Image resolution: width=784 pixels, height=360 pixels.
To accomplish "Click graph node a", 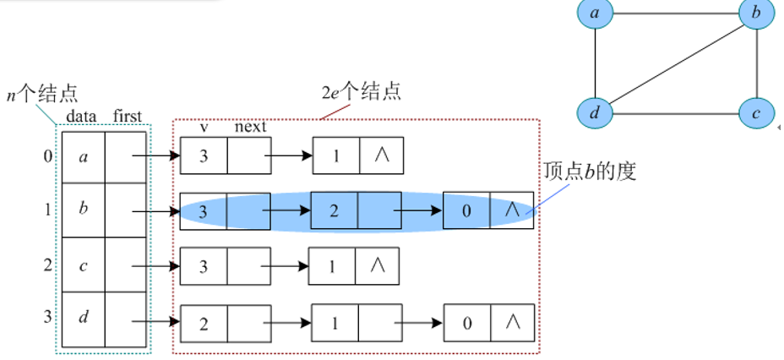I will tap(595, 14).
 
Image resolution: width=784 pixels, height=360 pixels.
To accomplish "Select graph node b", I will tap(756, 14).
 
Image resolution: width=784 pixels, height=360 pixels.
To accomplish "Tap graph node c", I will tap(756, 112).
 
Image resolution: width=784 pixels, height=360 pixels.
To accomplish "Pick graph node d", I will tap(595, 112).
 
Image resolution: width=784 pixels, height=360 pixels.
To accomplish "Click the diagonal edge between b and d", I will tap(676, 63).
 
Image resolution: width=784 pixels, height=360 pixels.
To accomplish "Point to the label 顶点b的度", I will tap(591, 172).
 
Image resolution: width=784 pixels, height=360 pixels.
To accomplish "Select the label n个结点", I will tap(42, 94).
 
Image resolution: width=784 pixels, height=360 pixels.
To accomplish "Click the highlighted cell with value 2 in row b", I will tap(334, 210).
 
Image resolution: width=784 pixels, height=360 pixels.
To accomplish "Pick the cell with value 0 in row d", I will tap(466, 322).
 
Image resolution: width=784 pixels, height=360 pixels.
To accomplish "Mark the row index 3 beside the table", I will tap(46, 318).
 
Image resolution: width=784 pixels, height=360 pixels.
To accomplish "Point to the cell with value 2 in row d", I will tap(204, 322).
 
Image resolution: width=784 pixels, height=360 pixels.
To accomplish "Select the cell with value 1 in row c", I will tap(332, 267).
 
